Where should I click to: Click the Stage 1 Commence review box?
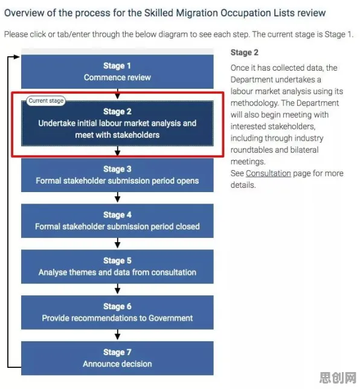(x=117, y=71)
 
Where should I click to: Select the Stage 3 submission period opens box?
(x=117, y=175)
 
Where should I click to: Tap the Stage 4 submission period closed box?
(x=117, y=221)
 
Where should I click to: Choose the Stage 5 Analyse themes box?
(x=117, y=267)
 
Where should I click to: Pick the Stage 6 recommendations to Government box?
(x=117, y=312)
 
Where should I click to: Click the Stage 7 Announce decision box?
(x=117, y=358)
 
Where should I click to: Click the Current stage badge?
(x=46, y=101)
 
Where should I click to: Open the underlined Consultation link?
(x=268, y=173)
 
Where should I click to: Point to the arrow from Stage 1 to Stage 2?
(x=117, y=94)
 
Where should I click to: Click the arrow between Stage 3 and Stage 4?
(x=117, y=198)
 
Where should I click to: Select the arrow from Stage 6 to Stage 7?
(x=117, y=335)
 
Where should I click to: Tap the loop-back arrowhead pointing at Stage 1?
(x=17, y=57)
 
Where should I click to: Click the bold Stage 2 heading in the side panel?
(x=245, y=53)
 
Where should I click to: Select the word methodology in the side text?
(x=254, y=103)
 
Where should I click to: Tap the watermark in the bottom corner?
(x=338, y=378)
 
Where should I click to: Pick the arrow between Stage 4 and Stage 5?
(x=117, y=243)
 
